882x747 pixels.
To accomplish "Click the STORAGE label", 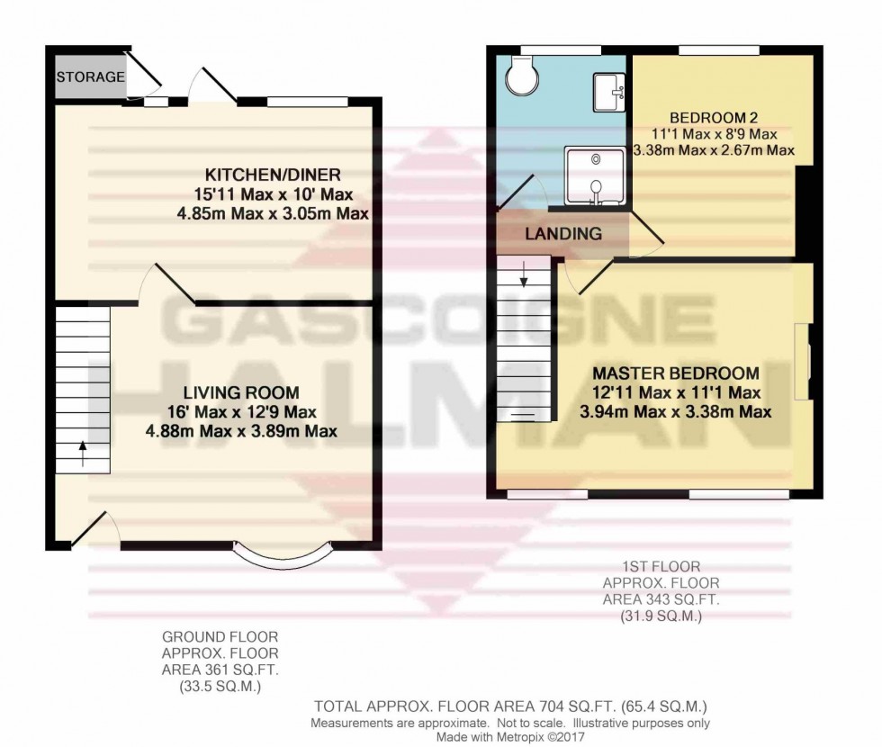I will pos(91,77).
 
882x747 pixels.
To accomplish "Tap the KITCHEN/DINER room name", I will pos(259,174).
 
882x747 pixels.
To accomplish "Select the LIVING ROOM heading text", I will pos(241,392).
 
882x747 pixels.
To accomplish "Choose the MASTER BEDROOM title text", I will pos(675,373).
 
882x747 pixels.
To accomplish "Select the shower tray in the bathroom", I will pos(595,175).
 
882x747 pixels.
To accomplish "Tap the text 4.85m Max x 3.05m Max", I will pos(274,214).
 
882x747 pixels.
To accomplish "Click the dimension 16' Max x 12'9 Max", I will pos(241,412).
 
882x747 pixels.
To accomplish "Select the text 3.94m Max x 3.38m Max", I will pos(675,412).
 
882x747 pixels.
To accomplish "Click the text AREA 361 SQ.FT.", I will pos(220,670).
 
